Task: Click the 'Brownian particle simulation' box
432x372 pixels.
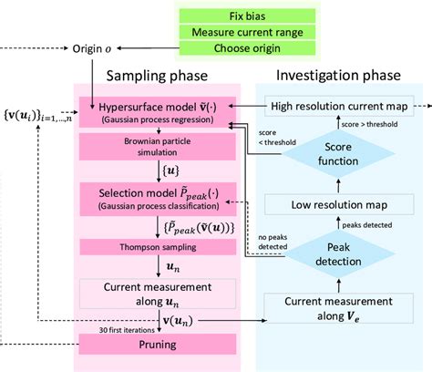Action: pos(160,148)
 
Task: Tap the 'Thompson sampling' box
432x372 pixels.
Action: pos(160,246)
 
